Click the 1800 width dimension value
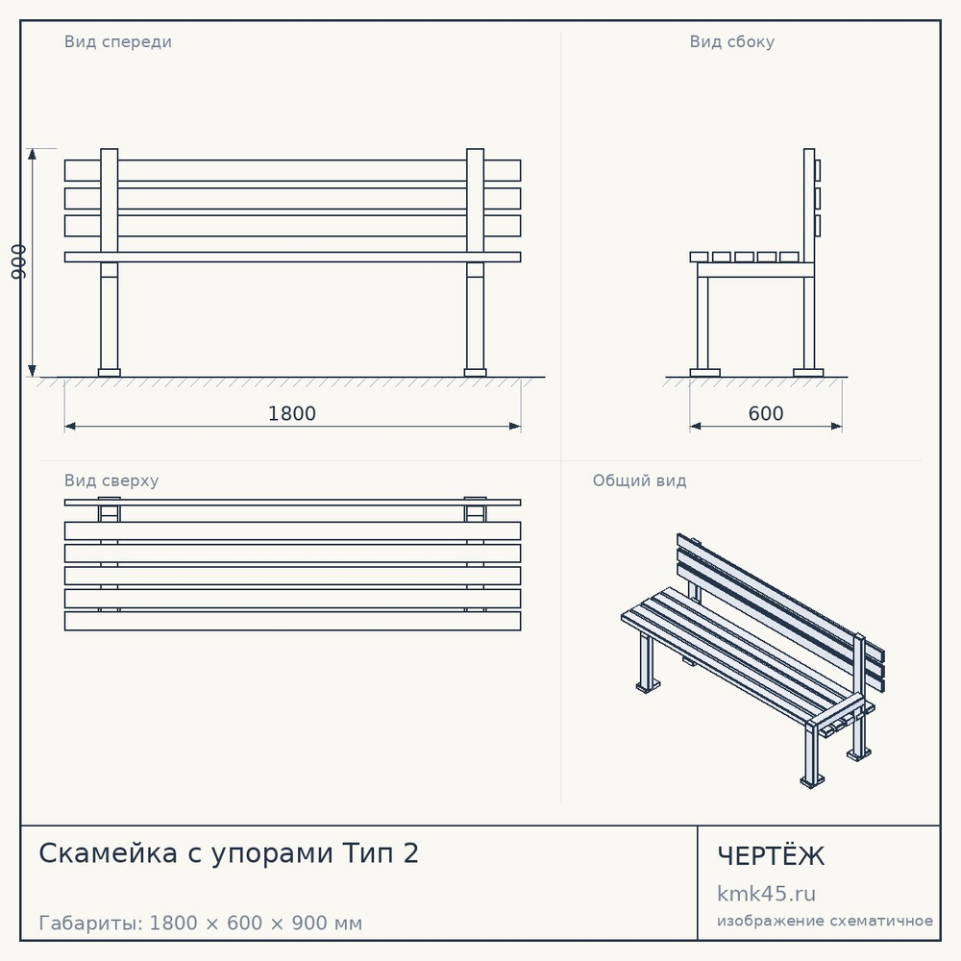tap(292, 413)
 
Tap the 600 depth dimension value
tap(766, 413)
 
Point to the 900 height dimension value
tap(19, 261)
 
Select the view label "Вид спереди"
tap(117, 41)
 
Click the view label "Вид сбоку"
tap(731, 41)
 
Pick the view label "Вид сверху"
tap(111, 480)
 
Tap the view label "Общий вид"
tap(639, 480)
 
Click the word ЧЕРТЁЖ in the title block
tap(771, 855)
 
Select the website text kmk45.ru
tap(766, 894)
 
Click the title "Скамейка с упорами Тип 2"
tap(229, 853)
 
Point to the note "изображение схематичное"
tap(825, 921)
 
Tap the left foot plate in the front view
tap(110, 373)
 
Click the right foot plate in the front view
tap(475, 373)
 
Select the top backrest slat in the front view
tap(292, 170)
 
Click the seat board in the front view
tap(292, 257)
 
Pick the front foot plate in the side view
tap(704, 373)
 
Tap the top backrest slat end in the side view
tap(817, 170)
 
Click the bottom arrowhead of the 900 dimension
tap(32, 370)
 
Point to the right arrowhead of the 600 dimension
tap(835, 426)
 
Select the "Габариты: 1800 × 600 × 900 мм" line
tap(201, 923)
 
